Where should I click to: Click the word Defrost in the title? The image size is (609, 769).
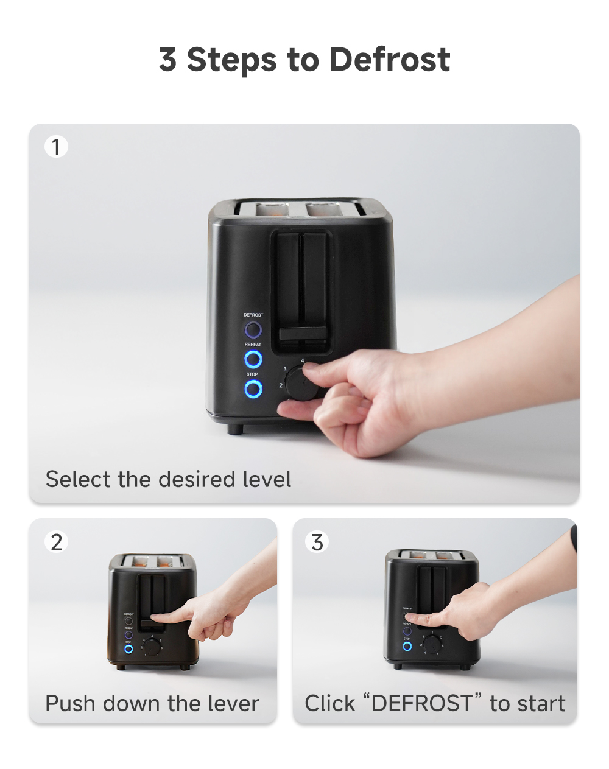click(389, 60)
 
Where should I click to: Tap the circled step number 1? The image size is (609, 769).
click(56, 147)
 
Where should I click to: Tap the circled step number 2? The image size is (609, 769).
click(56, 541)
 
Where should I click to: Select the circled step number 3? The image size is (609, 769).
click(317, 541)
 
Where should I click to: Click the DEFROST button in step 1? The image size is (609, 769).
click(253, 330)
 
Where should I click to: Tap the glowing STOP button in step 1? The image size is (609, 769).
click(253, 389)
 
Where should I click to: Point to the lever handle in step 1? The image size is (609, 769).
click(303, 334)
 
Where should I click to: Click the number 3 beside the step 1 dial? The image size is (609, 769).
click(284, 369)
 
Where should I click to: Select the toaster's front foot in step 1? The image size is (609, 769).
click(235, 429)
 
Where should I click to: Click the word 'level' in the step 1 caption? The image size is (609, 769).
click(267, 479)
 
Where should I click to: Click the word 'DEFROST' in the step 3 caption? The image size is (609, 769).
click(421, 703)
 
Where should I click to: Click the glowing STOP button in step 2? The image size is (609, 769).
click(128, 649)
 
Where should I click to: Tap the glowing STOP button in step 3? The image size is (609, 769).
click(407, 646)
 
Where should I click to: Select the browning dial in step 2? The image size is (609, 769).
click(152, 648)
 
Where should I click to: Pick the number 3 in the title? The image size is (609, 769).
click(167, 60)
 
